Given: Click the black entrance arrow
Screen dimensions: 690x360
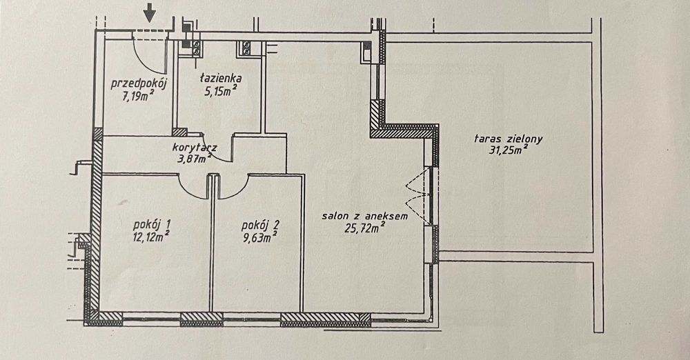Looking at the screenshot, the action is tap(150, 12).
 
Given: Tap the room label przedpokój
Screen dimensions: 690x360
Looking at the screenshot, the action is tap(138, 83).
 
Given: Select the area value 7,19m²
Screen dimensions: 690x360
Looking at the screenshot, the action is tap(138, 95).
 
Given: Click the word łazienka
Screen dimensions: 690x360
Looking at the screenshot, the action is tap(221, 79).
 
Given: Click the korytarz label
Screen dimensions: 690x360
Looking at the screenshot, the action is tap(194, 148).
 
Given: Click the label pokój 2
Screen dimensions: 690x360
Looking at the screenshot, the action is tap(260, 226).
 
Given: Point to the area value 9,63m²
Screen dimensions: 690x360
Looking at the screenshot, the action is tap(259, 238).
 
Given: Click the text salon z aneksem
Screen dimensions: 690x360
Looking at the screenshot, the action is tap(365, 216).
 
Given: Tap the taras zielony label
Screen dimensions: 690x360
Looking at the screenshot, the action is tap(509, 139).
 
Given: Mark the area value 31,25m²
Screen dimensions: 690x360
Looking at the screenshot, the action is tap(509, 150).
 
